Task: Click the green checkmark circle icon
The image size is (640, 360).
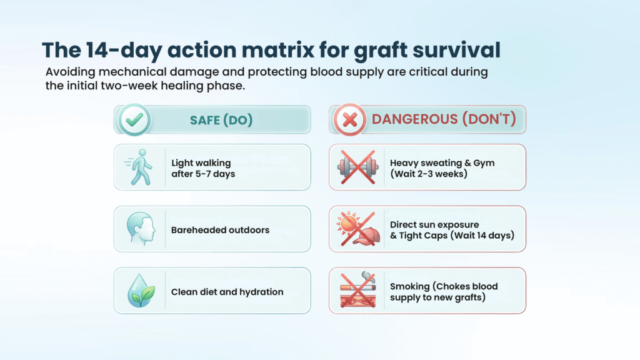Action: tap(134, 119)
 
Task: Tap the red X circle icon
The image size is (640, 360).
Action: tap(350, 119)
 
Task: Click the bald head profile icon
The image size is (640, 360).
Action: tap(139, 229)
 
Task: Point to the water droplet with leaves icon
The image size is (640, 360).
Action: tap(139, 291)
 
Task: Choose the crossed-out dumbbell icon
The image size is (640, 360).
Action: tap(356, 167)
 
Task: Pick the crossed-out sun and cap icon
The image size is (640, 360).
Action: tap(356, 229)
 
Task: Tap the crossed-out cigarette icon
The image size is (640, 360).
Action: tap(356, 291)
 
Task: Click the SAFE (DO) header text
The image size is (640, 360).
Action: tap(221, 120)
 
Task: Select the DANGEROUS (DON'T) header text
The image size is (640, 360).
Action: tap(444, 120)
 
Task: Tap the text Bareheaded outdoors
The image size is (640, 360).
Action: tap(220, 230)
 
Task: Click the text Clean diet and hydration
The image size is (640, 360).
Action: tap(227, 292)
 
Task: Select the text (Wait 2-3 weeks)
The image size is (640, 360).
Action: tap(428, 174)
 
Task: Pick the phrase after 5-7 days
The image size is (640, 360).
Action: tap(203, 174)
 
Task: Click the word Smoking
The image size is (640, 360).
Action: tap(409, 286)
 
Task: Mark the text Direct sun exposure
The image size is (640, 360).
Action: tap(434, 224)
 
